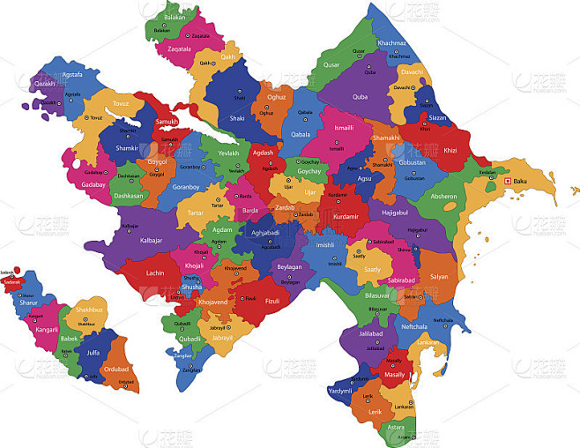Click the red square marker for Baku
point(507,182)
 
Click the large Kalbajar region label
point(152,240)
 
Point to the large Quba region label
point(361,97)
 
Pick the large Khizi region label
point(450,151)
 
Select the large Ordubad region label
point(116,370)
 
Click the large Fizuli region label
point(272,301)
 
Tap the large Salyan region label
point(439,276)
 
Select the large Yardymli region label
point(340,391)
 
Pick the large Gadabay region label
point(93,186)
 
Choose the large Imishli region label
point(324,244)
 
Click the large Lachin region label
point(155,273)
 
